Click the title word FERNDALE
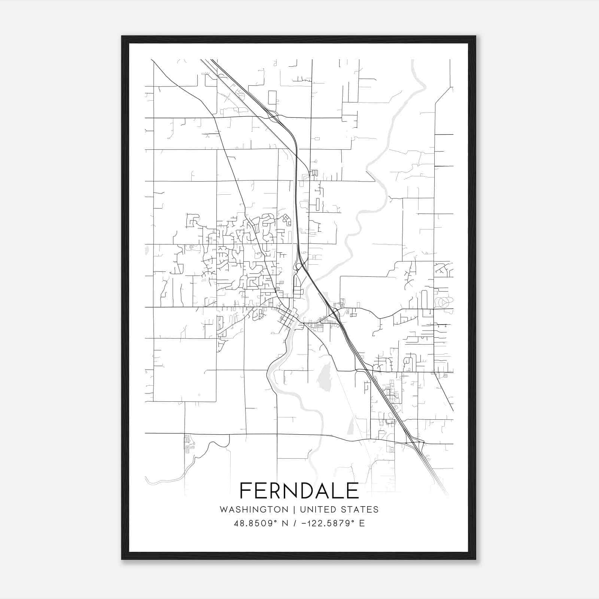[x=299, y=490]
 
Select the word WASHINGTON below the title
[x=254, y=510]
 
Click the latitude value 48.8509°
[x=256, y=523]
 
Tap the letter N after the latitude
[x=285, y=523]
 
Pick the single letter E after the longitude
[x=362, y=523]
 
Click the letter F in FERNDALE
[x=245, y=490]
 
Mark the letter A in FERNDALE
[x=321, y=490]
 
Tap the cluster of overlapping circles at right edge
[x=444, y=302]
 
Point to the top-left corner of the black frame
[x=122, y=37]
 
